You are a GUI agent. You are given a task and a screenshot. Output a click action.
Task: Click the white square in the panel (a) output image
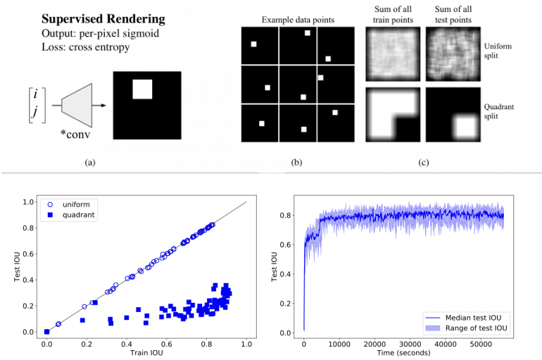tap(142, 89)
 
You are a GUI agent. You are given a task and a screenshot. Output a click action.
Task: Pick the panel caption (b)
tap(296, 163)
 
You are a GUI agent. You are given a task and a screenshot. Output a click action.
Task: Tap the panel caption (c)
tap(423, 163)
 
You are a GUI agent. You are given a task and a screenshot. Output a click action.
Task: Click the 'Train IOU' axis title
tap(146, 352)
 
